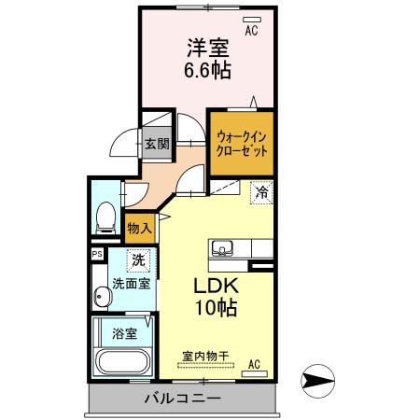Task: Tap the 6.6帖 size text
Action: [x=207, y=70]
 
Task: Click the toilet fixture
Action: [x=105, y=217]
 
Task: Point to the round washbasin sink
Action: [x=102, y=298]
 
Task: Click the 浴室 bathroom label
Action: [x=124, y=332]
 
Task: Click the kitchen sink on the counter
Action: [x=223, y=247]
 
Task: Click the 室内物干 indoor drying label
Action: [x=206, y=356]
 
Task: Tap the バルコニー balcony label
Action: [x=183, y=399]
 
